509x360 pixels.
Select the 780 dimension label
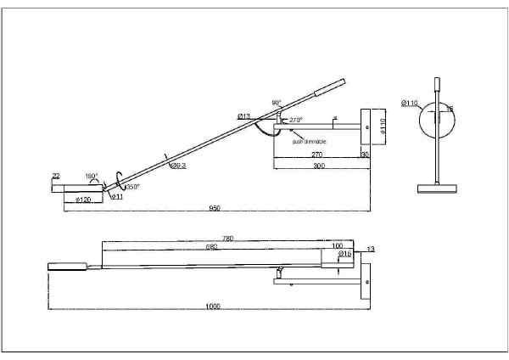tap(227, 239)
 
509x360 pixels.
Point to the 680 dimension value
tap(211, 247)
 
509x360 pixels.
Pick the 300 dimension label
tap(319, 166)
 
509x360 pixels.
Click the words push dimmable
tap(310, 142)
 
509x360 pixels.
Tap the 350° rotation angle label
tap(132, 187)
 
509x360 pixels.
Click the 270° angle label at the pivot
tap(296, 121)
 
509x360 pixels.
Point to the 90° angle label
tap(277, 103)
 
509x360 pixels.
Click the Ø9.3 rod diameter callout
tap(178, 166)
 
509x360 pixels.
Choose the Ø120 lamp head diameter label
tap(84, 199)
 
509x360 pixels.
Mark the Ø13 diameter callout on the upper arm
tap(243, 115)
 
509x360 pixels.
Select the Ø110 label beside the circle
tap(411, 103)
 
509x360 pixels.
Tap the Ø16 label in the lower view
tap(345, 254)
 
